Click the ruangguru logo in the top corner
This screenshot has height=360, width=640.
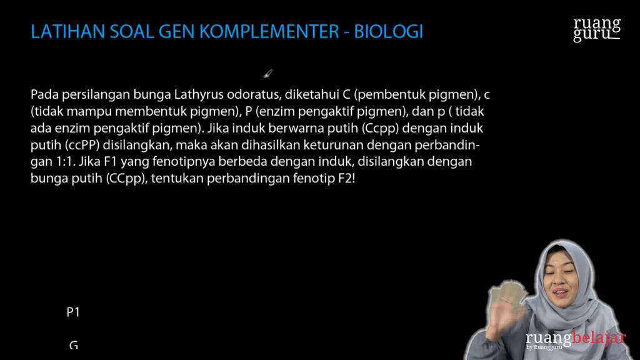tap(597, 29)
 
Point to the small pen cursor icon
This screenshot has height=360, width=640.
tap(267, 74)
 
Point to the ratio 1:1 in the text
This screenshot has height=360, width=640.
tap(62, 161)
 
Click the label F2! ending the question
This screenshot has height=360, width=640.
tap(346, 177)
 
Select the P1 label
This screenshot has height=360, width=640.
tap(73, 312)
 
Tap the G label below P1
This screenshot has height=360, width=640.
tap(73, 344)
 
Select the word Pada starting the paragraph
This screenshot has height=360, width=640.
tap(44, 96)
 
